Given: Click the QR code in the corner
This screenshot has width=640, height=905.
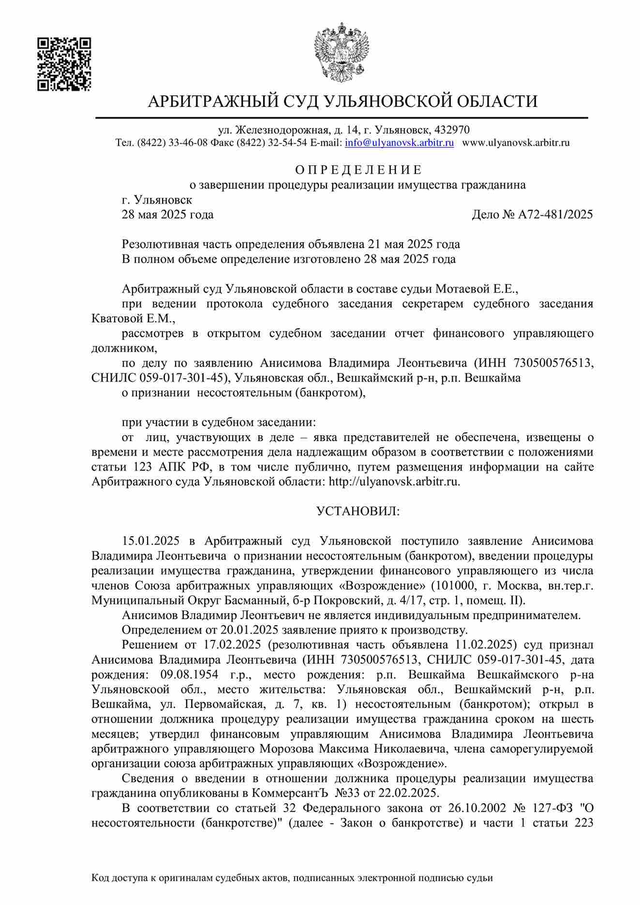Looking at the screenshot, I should pos(64,64).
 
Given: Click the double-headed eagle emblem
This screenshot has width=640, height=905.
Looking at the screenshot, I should pos(342,52).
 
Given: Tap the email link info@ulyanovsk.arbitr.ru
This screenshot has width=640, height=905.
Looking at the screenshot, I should pos(399,143).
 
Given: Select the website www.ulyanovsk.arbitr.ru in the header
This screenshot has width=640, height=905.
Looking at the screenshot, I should pos(516,143).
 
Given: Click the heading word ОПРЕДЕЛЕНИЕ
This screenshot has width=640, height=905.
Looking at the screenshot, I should pos(358,170).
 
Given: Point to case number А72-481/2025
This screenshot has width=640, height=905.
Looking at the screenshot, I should pos(555,215).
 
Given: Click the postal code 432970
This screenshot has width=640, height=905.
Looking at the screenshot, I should pos(452,130).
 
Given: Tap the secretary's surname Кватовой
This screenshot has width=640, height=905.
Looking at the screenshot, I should pos(118,319).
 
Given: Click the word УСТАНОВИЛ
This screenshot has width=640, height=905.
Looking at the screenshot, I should pos(358,511).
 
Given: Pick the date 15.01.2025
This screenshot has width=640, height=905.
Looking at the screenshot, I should pos(150,541).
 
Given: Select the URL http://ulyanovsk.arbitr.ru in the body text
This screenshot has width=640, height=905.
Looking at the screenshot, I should pos(393,482).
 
